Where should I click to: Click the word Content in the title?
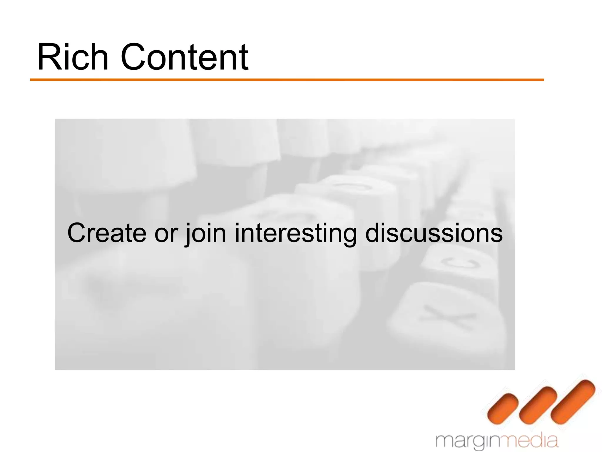point(185,57)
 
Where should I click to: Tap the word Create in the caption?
point(107,233)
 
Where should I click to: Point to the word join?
point(206,234)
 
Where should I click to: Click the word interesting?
point(295,234)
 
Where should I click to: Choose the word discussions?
point(434,233)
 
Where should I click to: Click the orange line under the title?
point(287,80)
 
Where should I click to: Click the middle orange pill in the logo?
point(538,404)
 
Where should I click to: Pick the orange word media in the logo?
point(532,441)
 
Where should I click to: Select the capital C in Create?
point(77,233)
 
